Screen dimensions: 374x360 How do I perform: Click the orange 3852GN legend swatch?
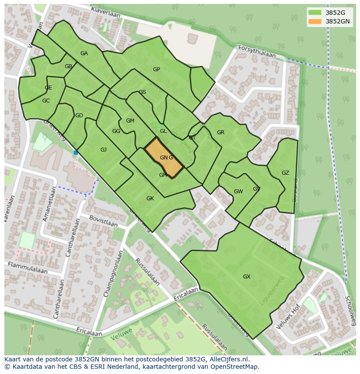coord(315,21)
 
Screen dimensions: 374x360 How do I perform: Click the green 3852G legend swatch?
coord(315,13)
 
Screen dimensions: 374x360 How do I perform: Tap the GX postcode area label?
coord(247,277)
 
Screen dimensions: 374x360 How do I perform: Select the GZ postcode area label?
coord(285,173)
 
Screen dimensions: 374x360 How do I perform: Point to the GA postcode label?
coord(84,53)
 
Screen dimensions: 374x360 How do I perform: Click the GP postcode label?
coord(157,70)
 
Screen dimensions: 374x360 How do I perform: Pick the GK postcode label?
coord(150,199)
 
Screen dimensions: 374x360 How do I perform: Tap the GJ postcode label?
coord(103,150)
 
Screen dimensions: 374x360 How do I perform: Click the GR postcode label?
coord(220,132)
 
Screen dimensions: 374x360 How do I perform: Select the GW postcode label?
coord(238,192)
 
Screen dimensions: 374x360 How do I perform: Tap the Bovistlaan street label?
coord(103,221)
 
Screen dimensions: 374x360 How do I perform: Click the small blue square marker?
coord(76,152)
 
